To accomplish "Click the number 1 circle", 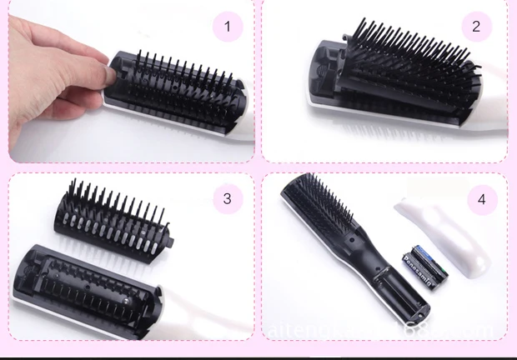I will pos(227,27).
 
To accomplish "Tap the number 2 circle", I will pos(476,27).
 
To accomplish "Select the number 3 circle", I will pos(227,198).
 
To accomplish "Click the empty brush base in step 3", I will pos(92,279).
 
